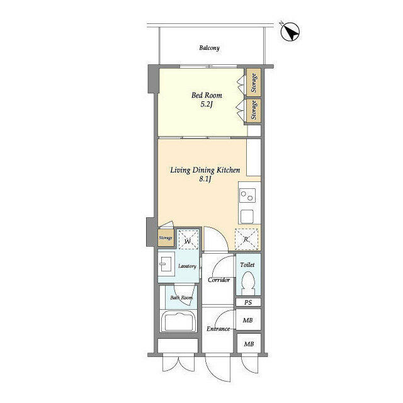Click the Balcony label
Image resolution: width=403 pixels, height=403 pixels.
209,48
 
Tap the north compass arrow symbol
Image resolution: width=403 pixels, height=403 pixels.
290,31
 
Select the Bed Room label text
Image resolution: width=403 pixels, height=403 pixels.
207,95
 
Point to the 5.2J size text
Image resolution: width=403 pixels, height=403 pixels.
207,105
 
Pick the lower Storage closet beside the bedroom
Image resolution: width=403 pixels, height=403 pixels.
253,110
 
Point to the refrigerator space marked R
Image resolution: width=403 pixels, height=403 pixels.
247,239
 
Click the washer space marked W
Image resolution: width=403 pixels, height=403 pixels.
188,240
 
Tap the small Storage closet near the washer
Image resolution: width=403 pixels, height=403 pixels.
166,238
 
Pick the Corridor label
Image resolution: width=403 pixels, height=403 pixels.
218,280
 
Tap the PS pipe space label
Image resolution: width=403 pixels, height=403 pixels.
248,303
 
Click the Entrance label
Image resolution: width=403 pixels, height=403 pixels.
219,329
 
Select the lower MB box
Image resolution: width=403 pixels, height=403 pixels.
249,344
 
